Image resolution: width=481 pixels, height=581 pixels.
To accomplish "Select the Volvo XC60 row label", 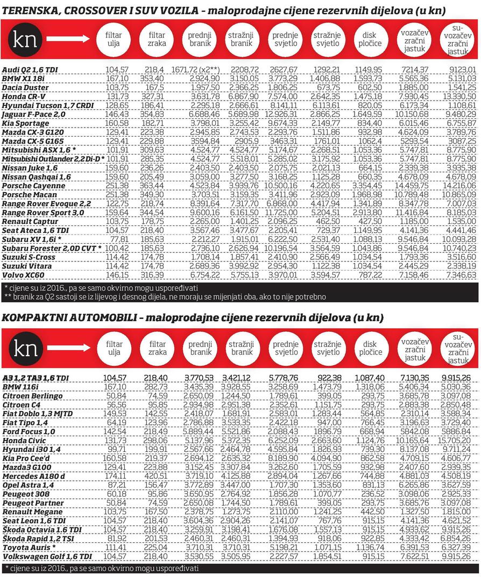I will (23, 275).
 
